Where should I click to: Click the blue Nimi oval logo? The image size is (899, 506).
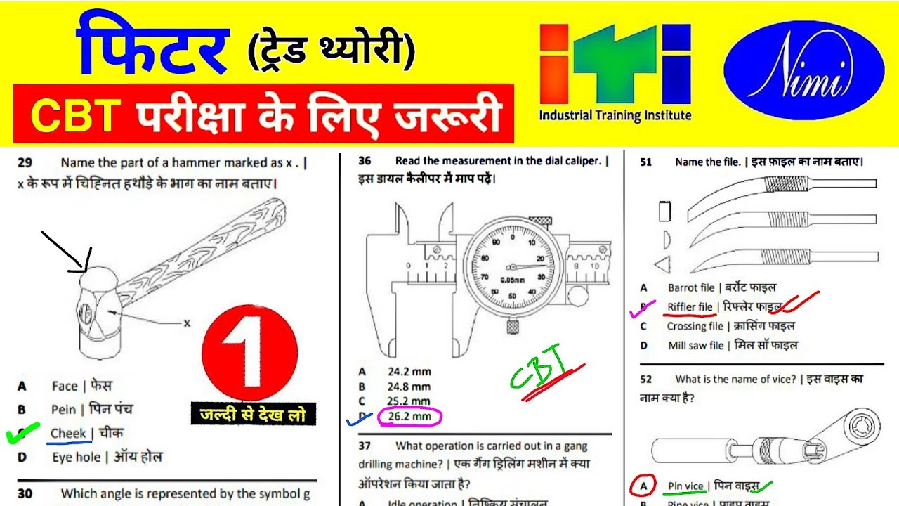pyautogui.click(x=803, y=70)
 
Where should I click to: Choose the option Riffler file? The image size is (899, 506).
pyautogui.click(x=690, y=307)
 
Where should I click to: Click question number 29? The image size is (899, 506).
pyautogui.click(x=25, y=163)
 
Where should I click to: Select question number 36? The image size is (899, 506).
pyautogui.click(x=365, y=161)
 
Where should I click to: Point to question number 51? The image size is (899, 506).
pyautogui.click(x=645, y=162)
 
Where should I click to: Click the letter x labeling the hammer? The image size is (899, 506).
pyautogui.click(x=187, y=323)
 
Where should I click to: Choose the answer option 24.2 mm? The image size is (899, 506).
pyautogui.click(x=409, y=371)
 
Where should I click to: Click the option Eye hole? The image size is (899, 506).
pyautogui.click(x=76, y=458)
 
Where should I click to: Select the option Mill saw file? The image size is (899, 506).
pyautogui.click(x=695, y=346)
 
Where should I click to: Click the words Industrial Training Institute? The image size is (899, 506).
pyautogui.click(x=615, y=116)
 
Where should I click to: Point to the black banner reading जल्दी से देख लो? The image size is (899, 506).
pyautogui.click(x=253, y=415)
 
